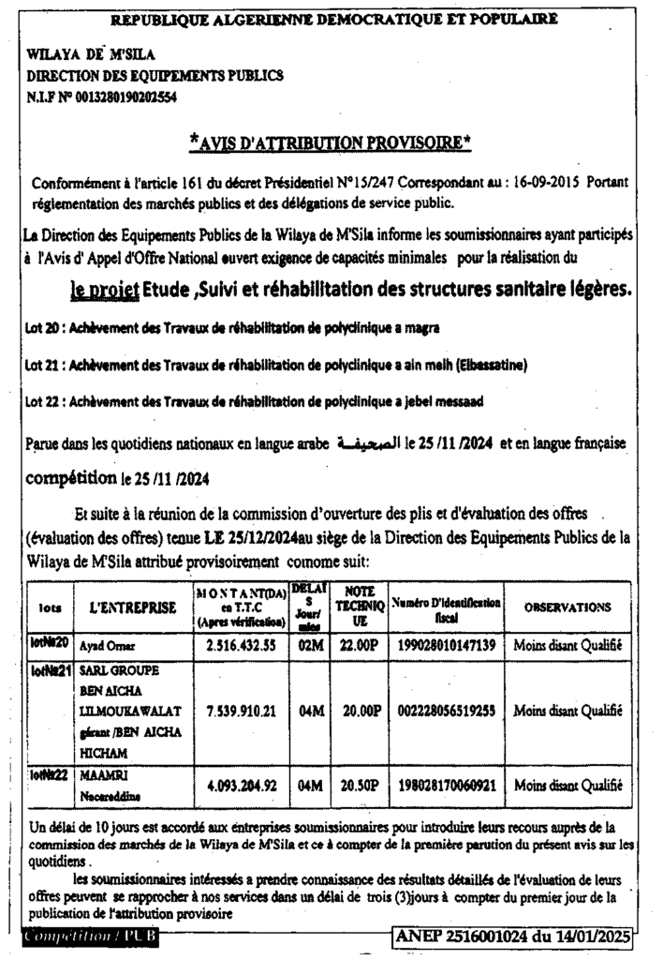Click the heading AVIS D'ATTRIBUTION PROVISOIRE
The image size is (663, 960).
(330, 142)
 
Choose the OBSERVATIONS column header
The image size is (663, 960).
(567, 607)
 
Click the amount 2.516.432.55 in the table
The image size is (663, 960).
(242, 646)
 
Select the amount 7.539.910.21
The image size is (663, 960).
(242, 712)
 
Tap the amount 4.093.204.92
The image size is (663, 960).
(242, 786)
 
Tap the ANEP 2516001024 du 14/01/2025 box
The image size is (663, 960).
(513, 936)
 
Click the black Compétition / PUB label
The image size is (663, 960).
(92, 937)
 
